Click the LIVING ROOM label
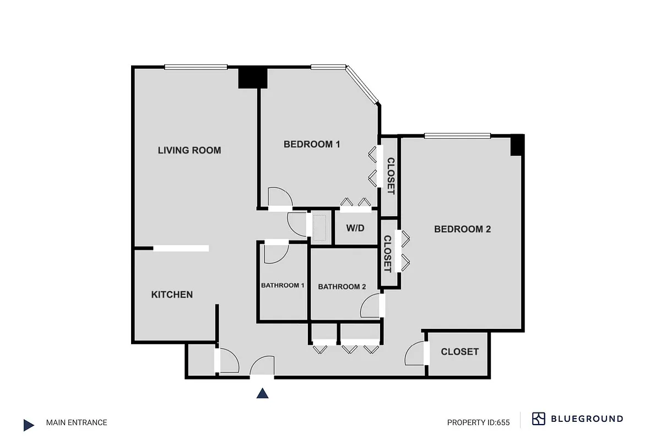189,150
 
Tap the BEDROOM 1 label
311,145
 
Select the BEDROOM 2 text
462,229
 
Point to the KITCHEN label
172,295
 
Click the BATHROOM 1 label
283,285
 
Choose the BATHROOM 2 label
342,287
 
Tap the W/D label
355,228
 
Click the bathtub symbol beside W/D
319,227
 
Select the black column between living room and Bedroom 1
252,78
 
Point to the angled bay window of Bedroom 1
362,85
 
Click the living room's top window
196,67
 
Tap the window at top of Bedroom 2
457,135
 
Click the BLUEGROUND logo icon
538,419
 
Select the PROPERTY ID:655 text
478,423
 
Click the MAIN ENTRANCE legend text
77,423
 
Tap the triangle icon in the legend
29,425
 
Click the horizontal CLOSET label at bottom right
459,352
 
